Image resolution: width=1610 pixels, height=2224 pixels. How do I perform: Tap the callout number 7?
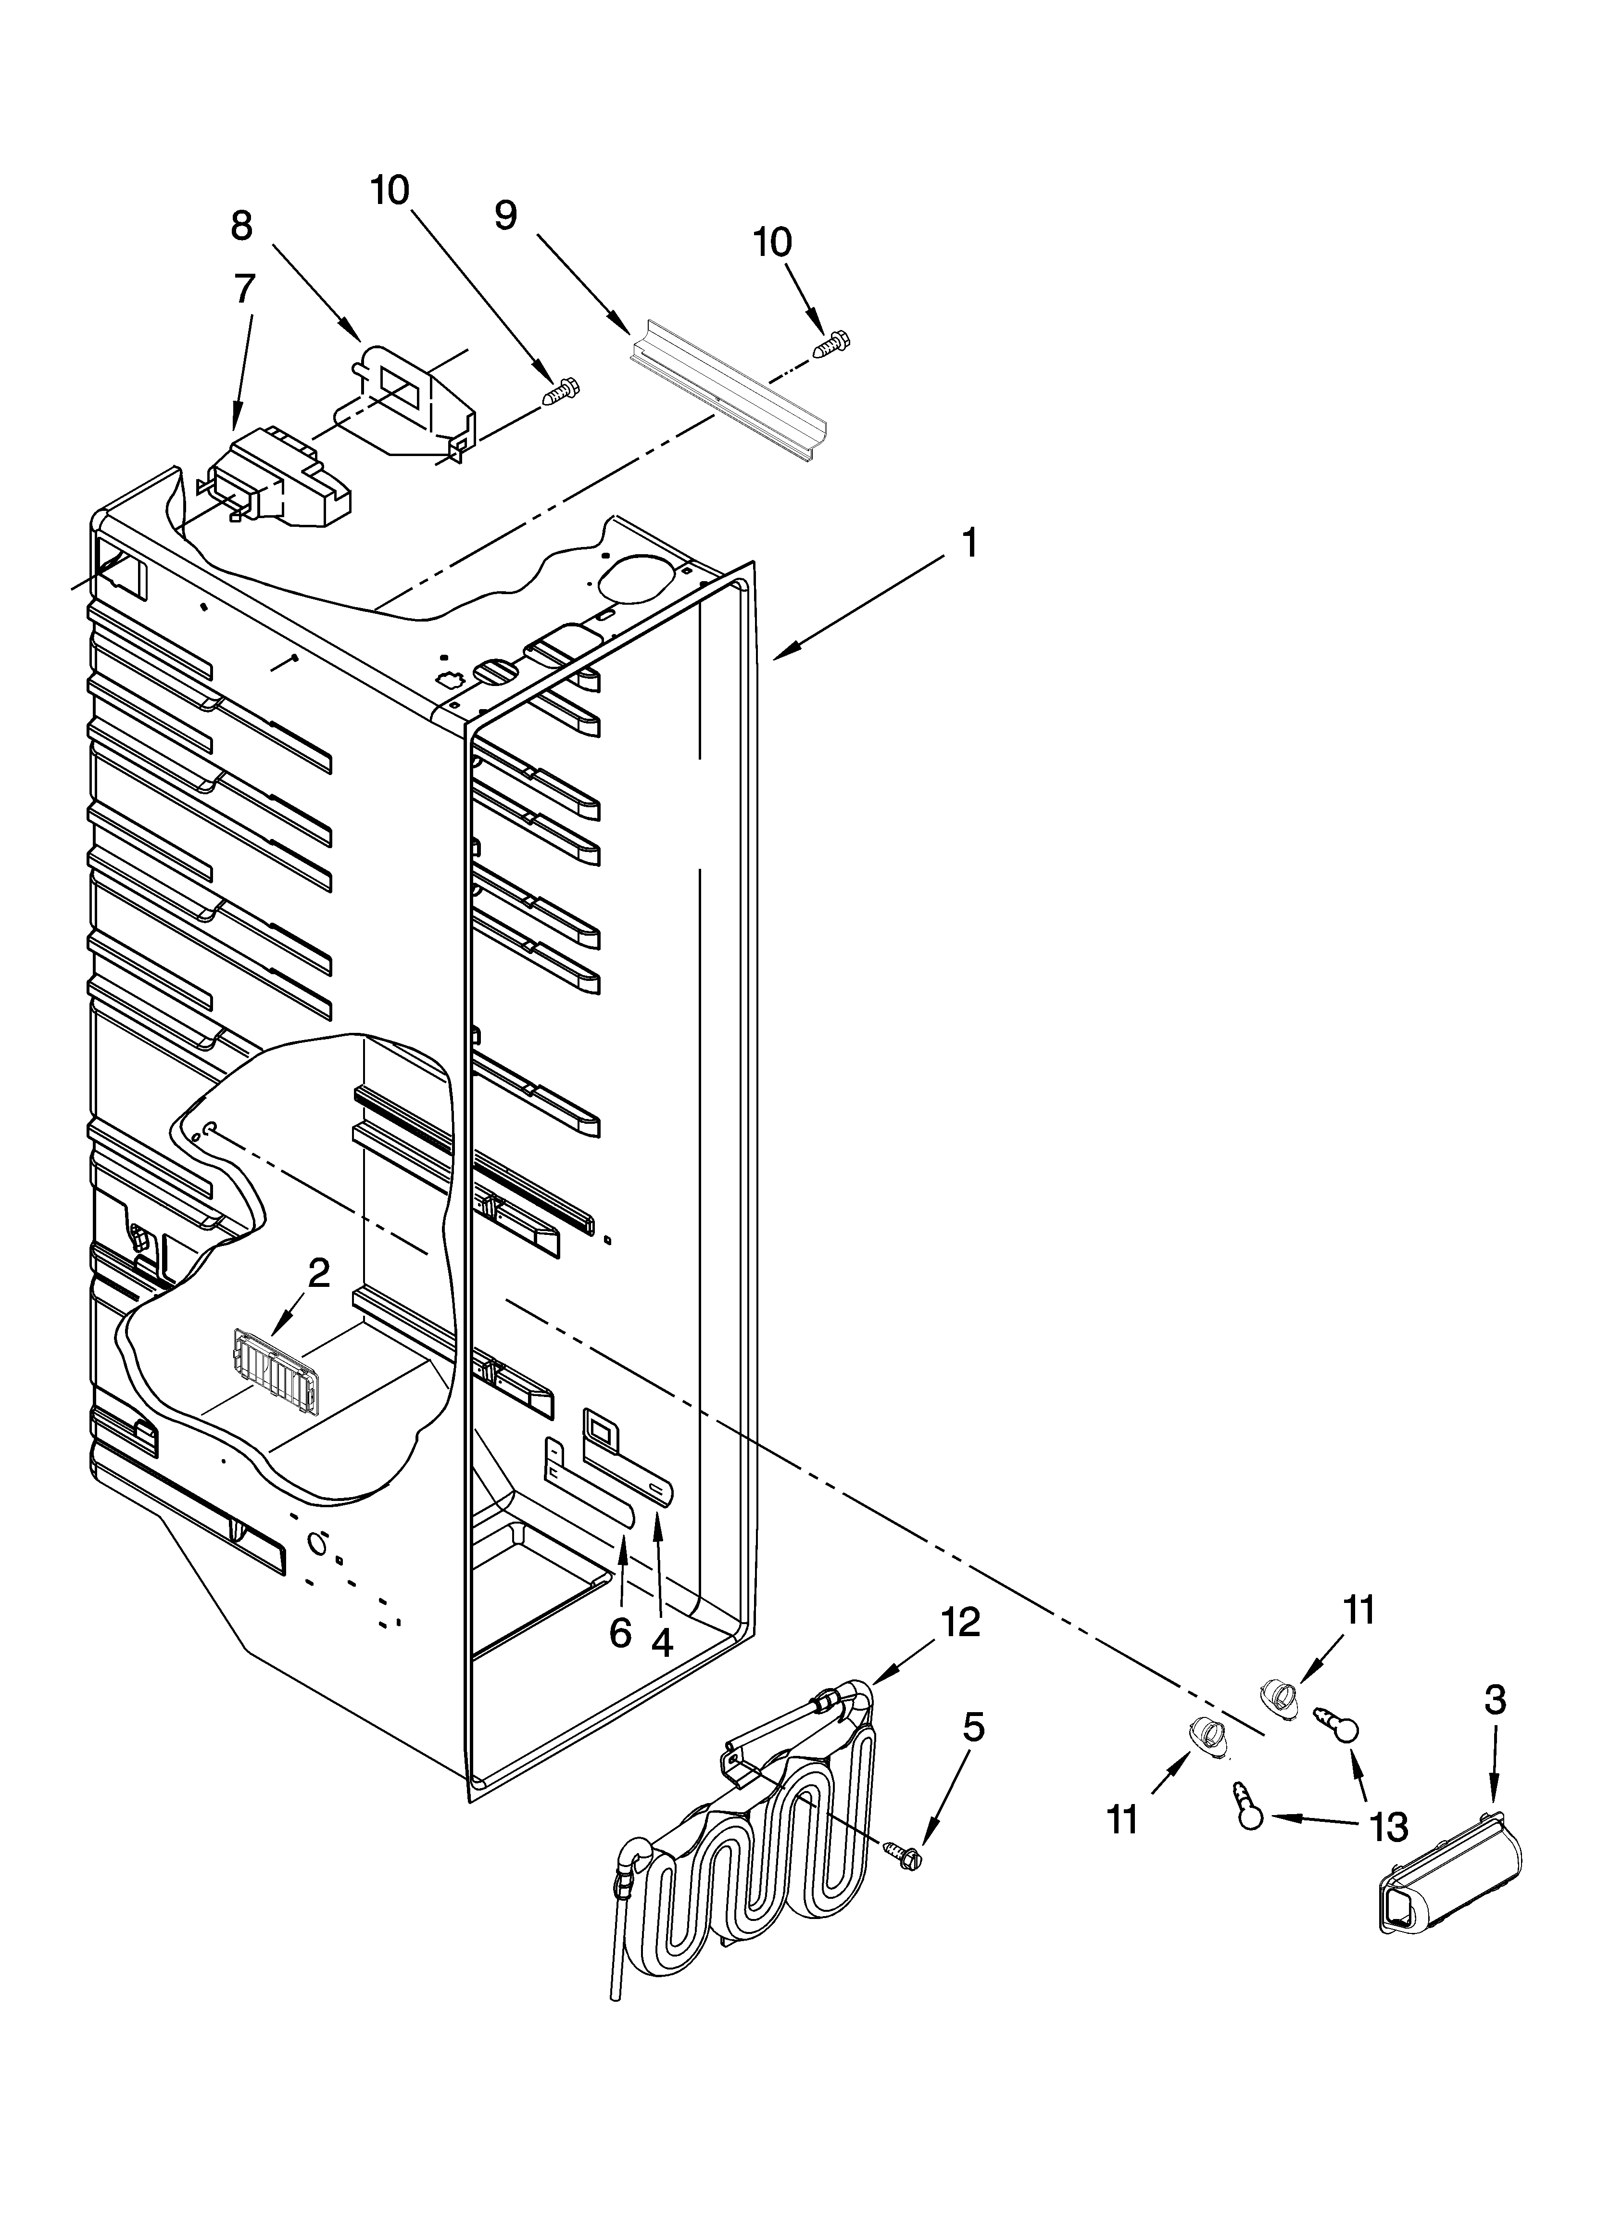[x=244, y=288]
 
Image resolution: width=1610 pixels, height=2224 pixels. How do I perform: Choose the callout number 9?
[x=505, y=215]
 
